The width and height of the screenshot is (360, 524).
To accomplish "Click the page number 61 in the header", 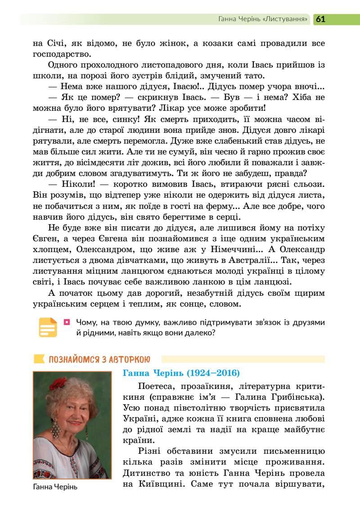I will pyautogui.click(x=320, y=19).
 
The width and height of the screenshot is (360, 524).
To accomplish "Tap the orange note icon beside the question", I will pyautogui.click(x=48, y=327).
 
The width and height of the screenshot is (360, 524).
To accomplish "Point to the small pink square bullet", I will pyautogui.click(x=67, y=322).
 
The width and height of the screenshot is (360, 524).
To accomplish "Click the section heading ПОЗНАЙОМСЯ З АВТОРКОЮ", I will pyautogui.click(x=99, y=359).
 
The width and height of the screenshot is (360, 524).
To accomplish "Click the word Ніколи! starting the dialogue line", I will pyautogui.click(x=75, y=185).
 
